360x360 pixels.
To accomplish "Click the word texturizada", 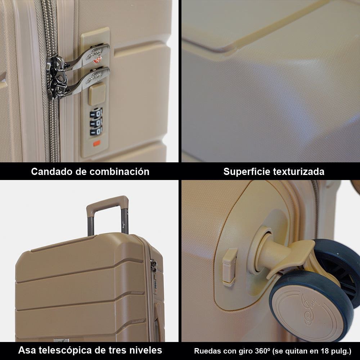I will (x=301, y=171).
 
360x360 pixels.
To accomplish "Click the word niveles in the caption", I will (x=145, y=350).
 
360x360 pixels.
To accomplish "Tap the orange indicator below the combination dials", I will (x=96, y=144).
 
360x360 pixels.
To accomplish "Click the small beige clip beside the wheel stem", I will (x=229, y=266).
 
